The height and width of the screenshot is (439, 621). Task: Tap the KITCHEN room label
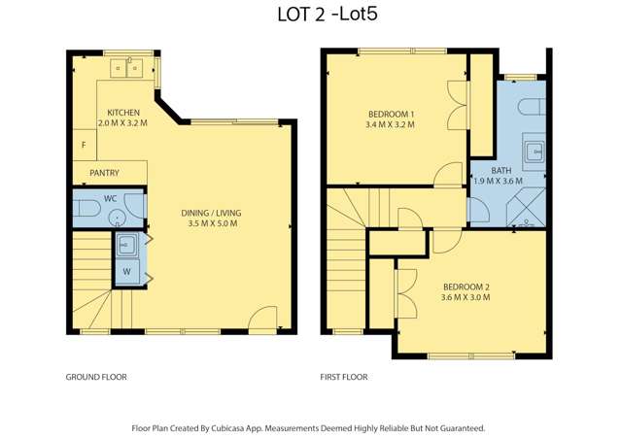(x=122, y=112)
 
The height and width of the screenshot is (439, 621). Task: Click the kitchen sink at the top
(x=127, y=67)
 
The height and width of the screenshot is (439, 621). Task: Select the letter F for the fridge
(x=84, y=146)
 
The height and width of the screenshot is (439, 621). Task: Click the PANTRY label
(x=104, y=173)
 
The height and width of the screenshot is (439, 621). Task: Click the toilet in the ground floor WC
(x=88, y=206)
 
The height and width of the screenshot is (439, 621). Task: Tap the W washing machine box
(x=126, y=271)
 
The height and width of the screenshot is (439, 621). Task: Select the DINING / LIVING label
(x=211, y=213)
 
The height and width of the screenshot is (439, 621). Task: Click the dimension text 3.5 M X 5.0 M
(x=211, y=223)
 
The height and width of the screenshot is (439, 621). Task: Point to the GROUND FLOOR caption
(x=95, y=377)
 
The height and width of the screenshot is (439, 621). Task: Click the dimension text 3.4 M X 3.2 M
(x=391, y=124)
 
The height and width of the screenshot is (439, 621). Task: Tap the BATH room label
(x=500, y=170)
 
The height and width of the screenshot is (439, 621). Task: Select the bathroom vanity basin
(x=533, y=151)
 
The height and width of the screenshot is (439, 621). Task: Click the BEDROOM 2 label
(x=466, y=287)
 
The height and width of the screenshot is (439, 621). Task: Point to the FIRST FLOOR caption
(x=344, y=377)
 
